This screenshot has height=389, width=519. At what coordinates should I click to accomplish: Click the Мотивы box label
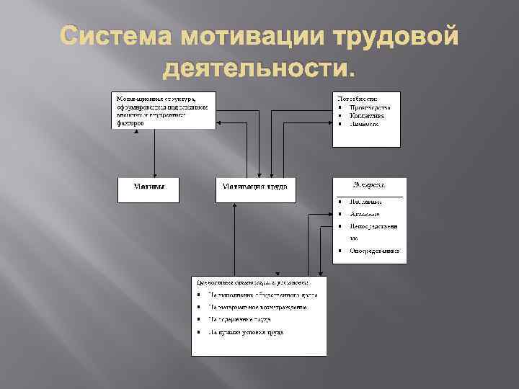149,186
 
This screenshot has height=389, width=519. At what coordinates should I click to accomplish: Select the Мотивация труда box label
255,186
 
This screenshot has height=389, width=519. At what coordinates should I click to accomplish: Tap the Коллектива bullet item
368,115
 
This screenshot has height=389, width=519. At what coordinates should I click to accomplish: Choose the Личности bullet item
365,124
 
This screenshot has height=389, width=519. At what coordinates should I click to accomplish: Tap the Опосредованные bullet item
374,251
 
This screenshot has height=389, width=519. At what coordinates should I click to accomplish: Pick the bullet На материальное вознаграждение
258,307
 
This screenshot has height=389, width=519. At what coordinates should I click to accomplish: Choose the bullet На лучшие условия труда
245,332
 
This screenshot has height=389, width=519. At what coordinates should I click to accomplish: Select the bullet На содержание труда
239,319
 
